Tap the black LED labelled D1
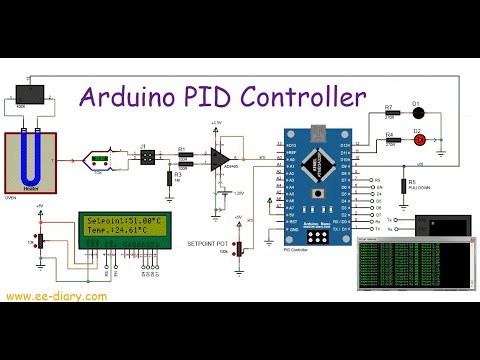(x=417, y=112)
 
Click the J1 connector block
(x=146, y=157)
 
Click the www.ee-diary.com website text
(x=57, y=297)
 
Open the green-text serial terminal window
(x=415, y=265)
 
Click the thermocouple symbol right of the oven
(x=99, y=158)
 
